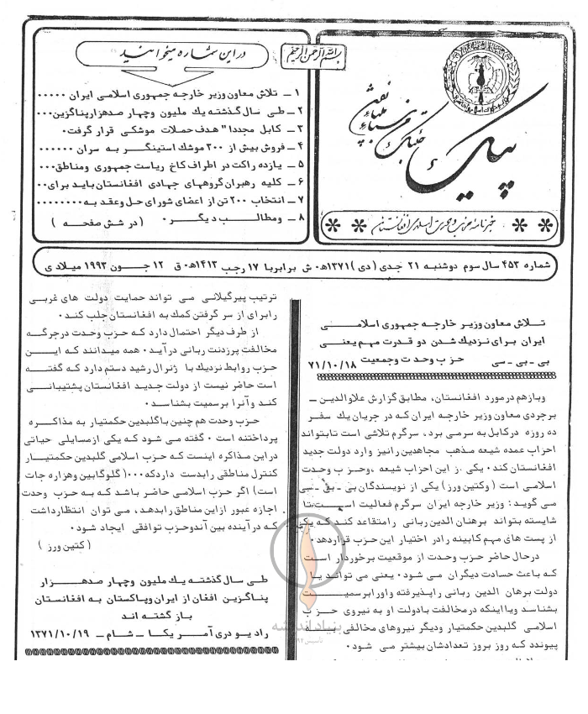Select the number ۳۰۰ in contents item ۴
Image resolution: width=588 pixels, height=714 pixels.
(199, 150)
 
